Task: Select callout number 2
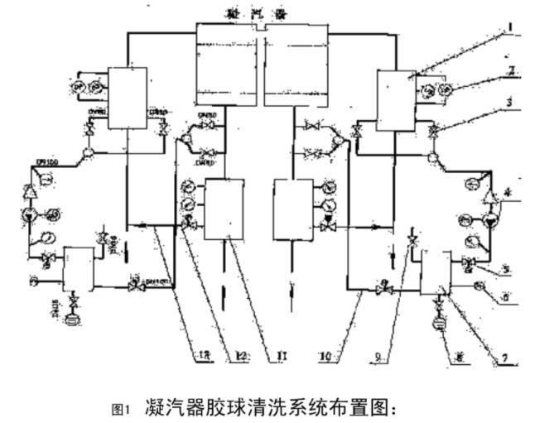[513, 71]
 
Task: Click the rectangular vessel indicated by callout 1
[395, 101]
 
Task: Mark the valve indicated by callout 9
[412, 242]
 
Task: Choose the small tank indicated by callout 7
[435, 273]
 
